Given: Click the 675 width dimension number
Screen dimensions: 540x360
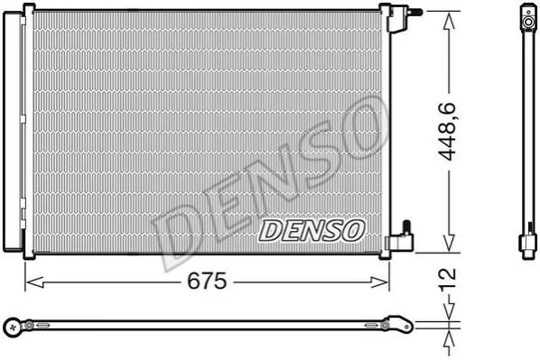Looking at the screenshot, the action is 207,282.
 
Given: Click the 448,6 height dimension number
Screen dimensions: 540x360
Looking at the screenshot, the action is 448,132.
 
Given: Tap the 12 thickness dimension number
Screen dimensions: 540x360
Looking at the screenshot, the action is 448,279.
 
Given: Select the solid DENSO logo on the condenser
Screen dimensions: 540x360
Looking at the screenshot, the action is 312,230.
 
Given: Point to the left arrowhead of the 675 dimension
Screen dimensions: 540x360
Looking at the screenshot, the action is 34,282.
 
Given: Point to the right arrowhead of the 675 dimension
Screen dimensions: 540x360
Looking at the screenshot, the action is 379,282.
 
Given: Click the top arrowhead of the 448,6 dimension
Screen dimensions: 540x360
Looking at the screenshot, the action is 448,21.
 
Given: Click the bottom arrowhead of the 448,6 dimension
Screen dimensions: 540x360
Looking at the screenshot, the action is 449,243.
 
